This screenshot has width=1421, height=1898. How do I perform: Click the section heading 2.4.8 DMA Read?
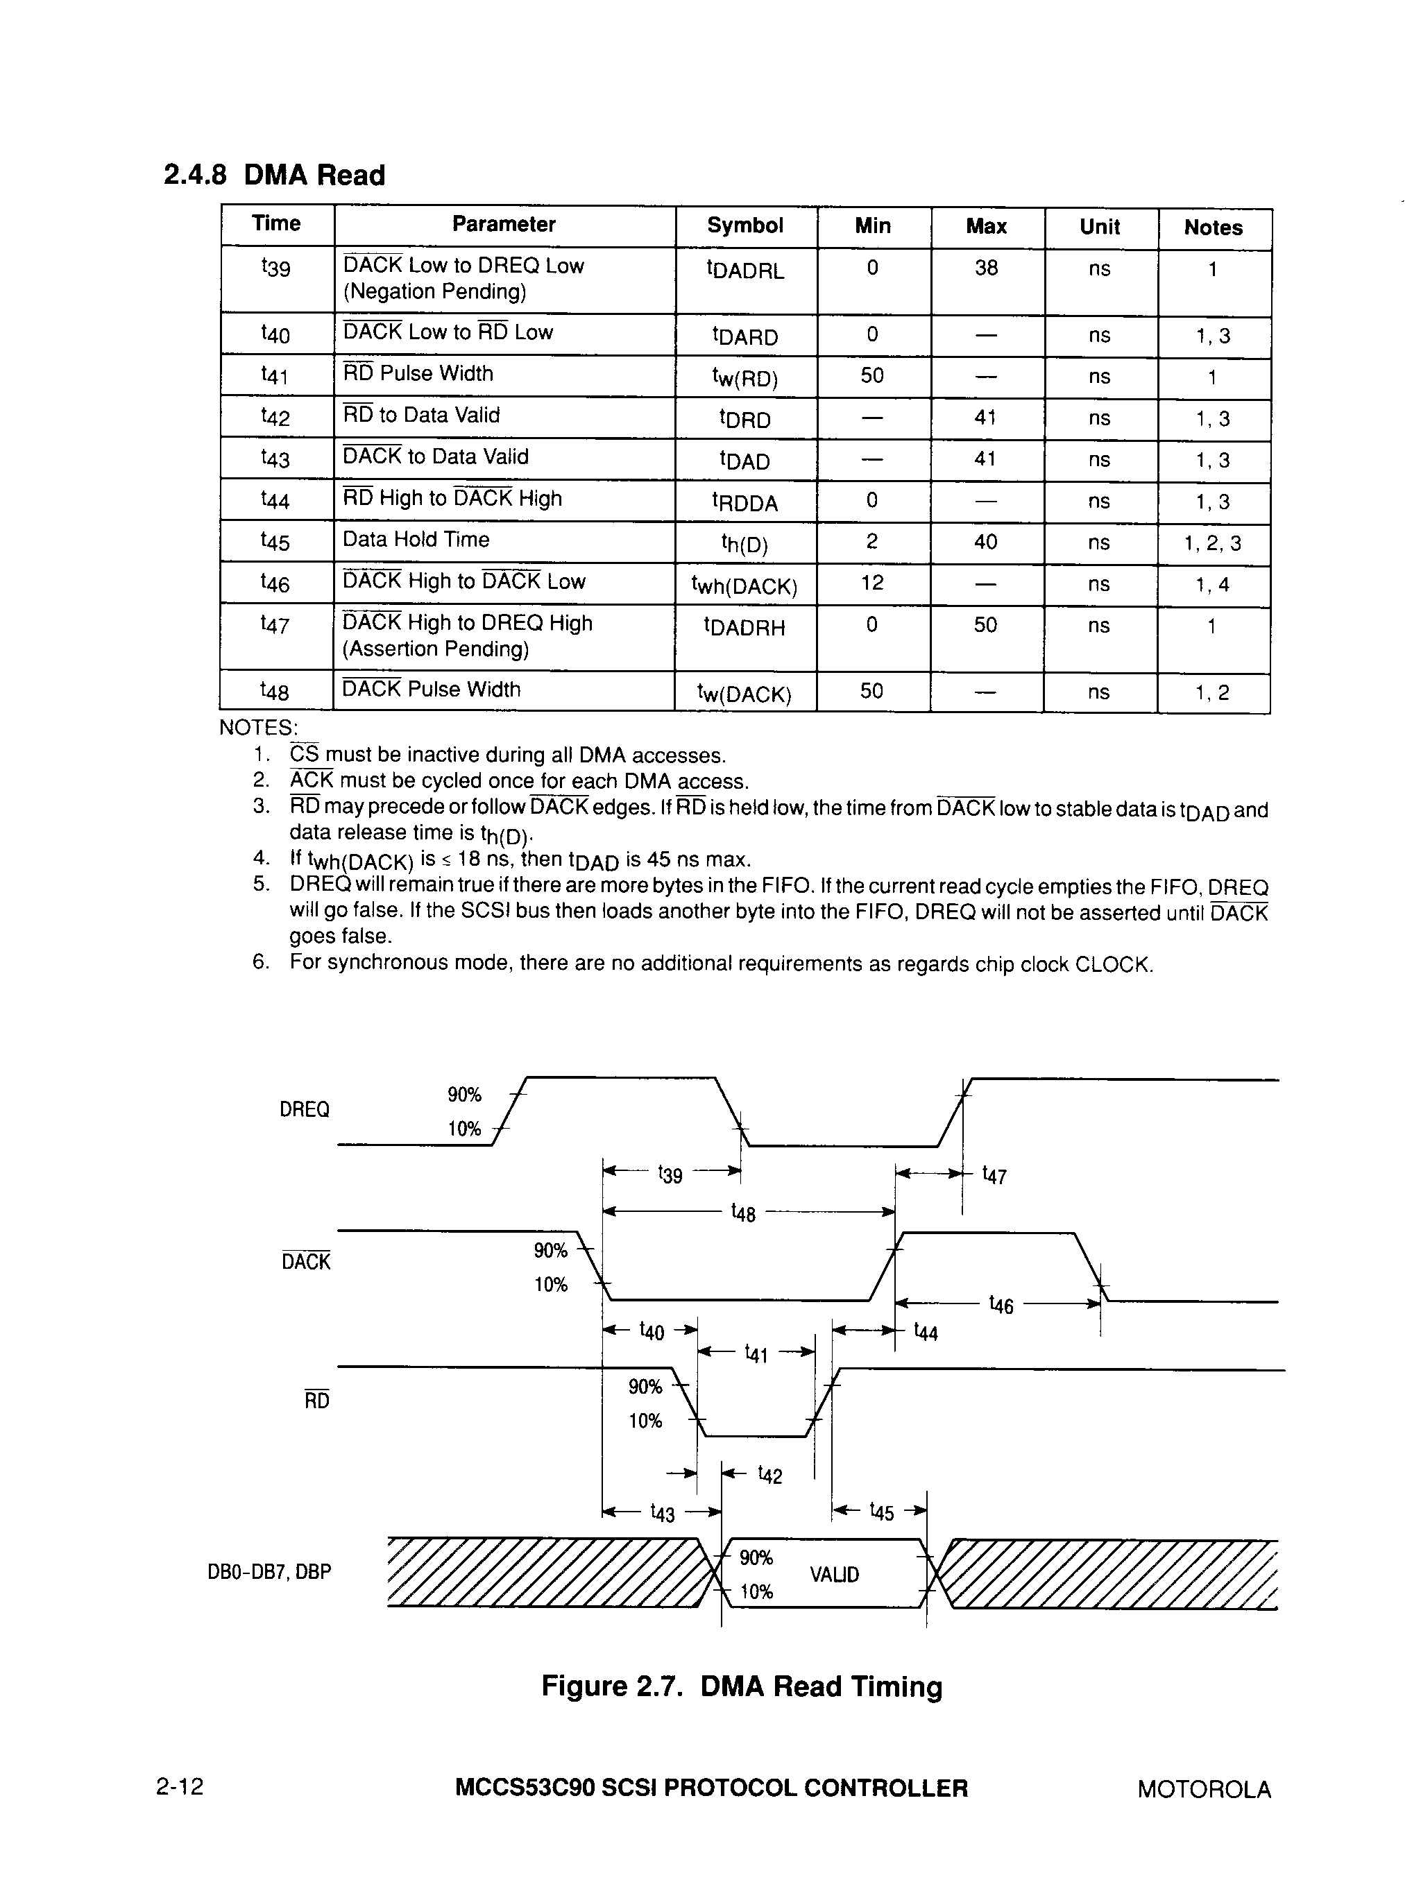coord(274,175)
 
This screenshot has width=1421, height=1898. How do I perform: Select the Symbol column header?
coord(744,225)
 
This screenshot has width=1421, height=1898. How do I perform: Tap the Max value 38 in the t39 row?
coord(985,268)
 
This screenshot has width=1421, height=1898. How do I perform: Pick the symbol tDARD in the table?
coord(744,336)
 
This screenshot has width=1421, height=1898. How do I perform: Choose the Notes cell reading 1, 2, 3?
coord(1211,543)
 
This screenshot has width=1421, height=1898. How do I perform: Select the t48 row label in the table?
coord(275,691)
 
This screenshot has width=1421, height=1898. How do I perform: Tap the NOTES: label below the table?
coord(258,728)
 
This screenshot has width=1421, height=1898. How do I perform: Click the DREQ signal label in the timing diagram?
coord(304,1109)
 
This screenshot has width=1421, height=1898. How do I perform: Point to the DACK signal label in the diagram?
coord(305,1261)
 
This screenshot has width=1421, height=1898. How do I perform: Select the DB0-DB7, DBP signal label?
coord(269,1572)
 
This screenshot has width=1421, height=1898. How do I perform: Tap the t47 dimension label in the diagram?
coord(994,1174)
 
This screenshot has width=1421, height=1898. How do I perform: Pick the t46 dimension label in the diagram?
coord(1001,1305)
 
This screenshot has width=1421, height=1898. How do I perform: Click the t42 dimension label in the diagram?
coord(769,1475)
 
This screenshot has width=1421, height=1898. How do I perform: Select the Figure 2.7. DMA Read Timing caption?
coord(742,1686)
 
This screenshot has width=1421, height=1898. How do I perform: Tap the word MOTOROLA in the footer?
coord(1204,1789)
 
